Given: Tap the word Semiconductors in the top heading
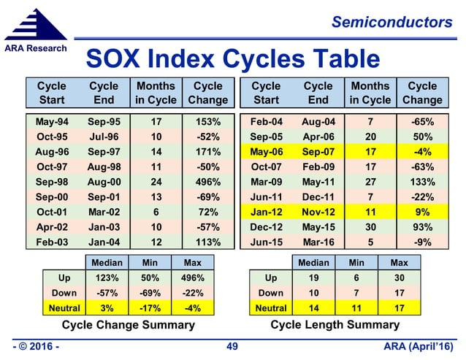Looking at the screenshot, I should click(391, 23).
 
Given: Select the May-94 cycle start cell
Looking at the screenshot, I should click(53, 120).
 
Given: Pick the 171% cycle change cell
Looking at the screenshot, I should click(207, 152).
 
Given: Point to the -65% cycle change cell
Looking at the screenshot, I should click(421, 120).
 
